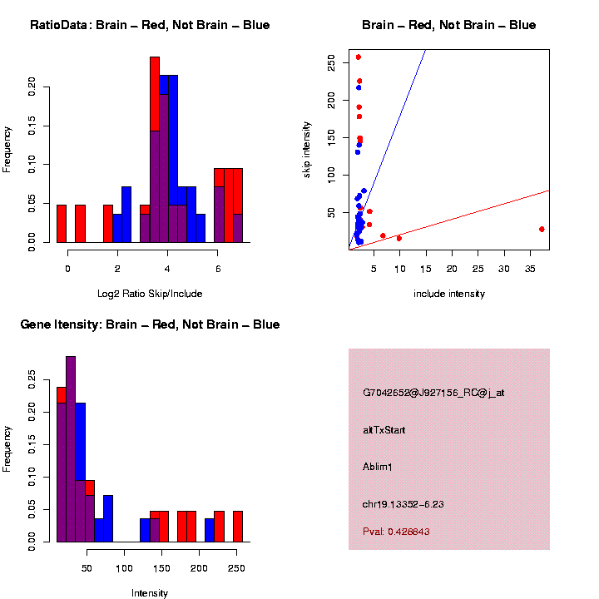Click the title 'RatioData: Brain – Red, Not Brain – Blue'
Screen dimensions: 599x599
click(x=150, y=25)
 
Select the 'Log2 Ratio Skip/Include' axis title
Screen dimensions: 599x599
click(x=150, y=293)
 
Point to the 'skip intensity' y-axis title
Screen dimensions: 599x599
click(x=307, y=149)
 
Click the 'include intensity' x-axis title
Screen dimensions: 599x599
click(x=449, y=294)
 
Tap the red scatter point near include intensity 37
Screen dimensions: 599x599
click(x=542, y=229)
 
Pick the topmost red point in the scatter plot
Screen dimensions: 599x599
click(x=359, y=57)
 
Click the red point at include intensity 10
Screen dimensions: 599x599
click(x=399, y=238)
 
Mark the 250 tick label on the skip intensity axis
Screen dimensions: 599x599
click(x=332, y=62)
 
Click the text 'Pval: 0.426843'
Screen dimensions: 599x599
click(x=396, y=531)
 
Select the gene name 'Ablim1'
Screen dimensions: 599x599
click(x=378, y=466)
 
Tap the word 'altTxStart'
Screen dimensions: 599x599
click(x=384, y=430)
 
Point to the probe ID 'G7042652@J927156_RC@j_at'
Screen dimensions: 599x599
click(x=433, y=393)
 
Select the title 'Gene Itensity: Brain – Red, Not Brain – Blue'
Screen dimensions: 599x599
click(x=150, y=324)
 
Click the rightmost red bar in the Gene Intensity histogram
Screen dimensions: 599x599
click(x=237, y=526)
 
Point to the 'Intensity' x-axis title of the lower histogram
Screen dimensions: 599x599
click(x=150, y=593)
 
